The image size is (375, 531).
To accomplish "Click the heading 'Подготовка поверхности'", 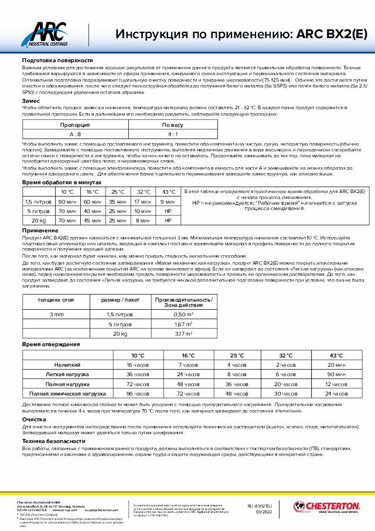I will tap(57, 60).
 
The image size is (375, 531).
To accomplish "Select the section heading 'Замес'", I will tap(31, 101).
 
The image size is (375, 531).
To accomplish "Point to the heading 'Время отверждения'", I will tap(50, 344).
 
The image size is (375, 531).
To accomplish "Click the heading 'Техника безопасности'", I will tap(53, 440).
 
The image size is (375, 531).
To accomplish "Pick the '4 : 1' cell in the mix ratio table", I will tap(172, 134).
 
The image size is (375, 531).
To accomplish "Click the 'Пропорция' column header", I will tap(75, 125).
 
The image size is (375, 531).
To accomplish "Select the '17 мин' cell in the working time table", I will tap(144, 201).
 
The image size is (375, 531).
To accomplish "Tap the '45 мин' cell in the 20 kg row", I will tap(93, 220).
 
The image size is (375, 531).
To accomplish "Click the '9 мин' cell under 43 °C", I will tap(168, 201).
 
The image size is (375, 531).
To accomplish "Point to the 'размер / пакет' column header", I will tap(120, 300).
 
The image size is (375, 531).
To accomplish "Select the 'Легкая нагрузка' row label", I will tap(67, 374).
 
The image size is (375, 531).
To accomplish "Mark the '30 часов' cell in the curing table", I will tap(287, 393).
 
